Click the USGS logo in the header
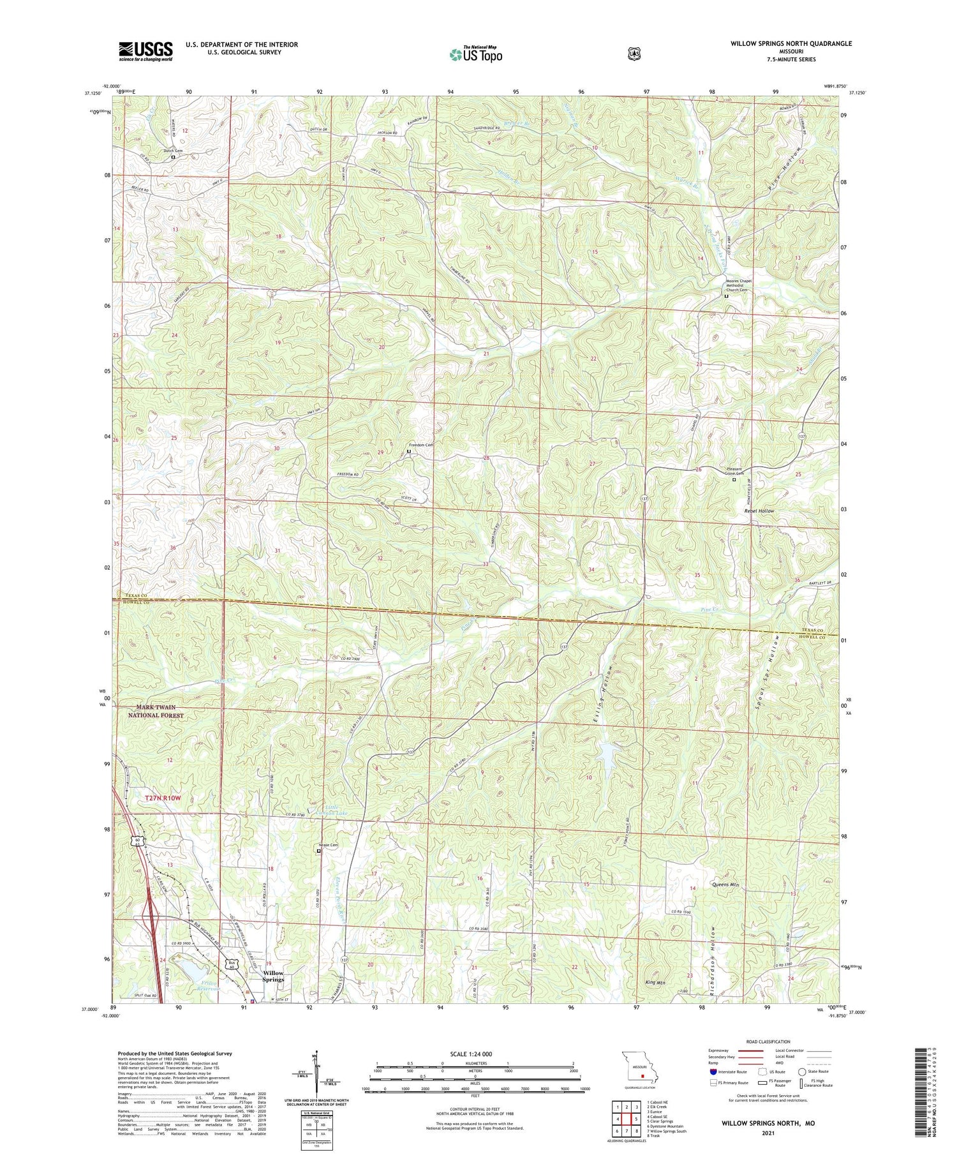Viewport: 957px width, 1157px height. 145,51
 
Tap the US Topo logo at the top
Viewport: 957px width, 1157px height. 476,54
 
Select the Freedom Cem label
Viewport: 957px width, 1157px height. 421,445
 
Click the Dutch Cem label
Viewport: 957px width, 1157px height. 173,151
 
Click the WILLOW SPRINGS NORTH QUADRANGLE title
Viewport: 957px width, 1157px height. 791,44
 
